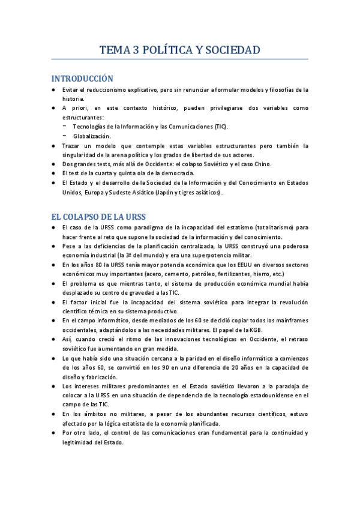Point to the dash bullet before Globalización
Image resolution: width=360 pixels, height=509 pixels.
pyautogui.click(x=64, y=136)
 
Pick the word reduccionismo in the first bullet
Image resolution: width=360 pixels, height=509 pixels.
pyautogui.click(x=112, y=90)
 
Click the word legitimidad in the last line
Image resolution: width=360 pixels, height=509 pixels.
pyautogui.click(x=81, y=442)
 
